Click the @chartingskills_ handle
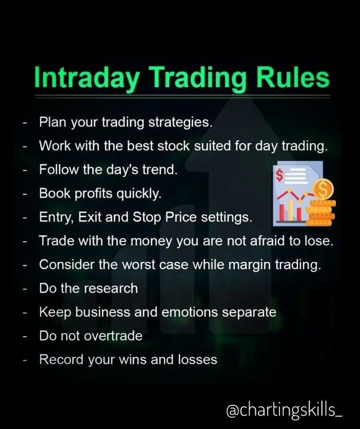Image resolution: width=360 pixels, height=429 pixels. point(284,411)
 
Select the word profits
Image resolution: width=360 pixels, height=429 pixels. point(93,193)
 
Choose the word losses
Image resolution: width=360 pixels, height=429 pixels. point(197,359)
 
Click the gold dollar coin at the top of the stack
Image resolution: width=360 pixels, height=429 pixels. point(324,189)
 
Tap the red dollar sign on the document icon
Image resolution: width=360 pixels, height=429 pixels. point(279,175)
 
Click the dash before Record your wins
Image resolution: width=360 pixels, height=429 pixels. point(25,360)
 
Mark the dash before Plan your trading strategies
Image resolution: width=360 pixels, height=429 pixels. point(25,123)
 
